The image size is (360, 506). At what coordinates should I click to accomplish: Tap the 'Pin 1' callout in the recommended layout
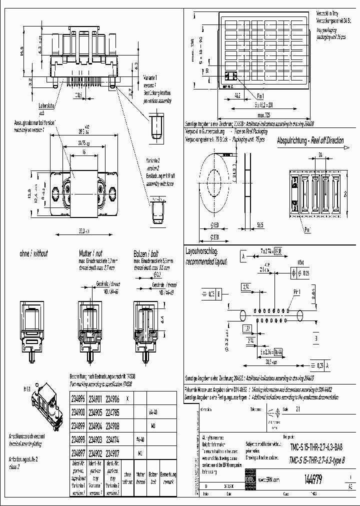[x=296, y=290]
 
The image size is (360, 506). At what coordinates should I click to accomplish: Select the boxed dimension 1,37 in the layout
[x=247, y=328]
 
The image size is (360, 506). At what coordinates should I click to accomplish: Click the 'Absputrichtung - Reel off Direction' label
[x=310, y=140]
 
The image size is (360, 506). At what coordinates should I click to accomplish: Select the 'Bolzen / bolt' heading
[x=145, y=253]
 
